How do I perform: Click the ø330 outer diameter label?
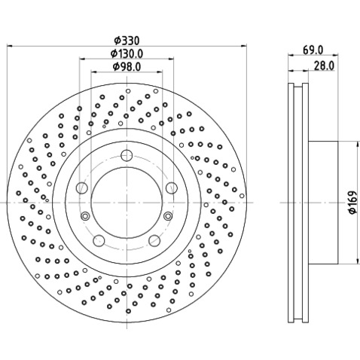coord(126,40)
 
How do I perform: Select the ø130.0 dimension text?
coord(126,53)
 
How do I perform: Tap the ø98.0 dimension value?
coord(126,67)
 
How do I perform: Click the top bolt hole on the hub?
coord(126,156)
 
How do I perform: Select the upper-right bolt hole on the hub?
coord(171,187)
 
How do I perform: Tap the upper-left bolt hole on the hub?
coord(81,187)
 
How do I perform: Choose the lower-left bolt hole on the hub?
coord(98,240)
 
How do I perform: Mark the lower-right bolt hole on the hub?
coord(154,240)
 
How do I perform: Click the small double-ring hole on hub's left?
coord(85,217)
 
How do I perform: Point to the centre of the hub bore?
coord(126,203)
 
